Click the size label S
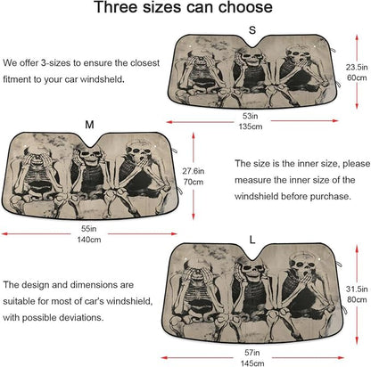tap(252, 30)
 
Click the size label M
tap(89, 125)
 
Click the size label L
tap(252, 240)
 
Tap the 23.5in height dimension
tap(357, 67)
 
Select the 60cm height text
tap(357, 77)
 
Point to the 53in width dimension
tap(250, 116)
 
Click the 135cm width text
tap(251, 126)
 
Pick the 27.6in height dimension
tap(194, 171)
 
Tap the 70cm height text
tap(194, 182)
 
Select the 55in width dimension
tap(89, 229)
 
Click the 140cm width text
tap(89, 240)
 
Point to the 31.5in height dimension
tap(357, 289)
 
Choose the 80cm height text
tap(357, 299)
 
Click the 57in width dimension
tap(252, 353)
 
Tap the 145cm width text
tap(252, 363)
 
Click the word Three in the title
tap(116, 7)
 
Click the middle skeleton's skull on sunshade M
tap(89, 155)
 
